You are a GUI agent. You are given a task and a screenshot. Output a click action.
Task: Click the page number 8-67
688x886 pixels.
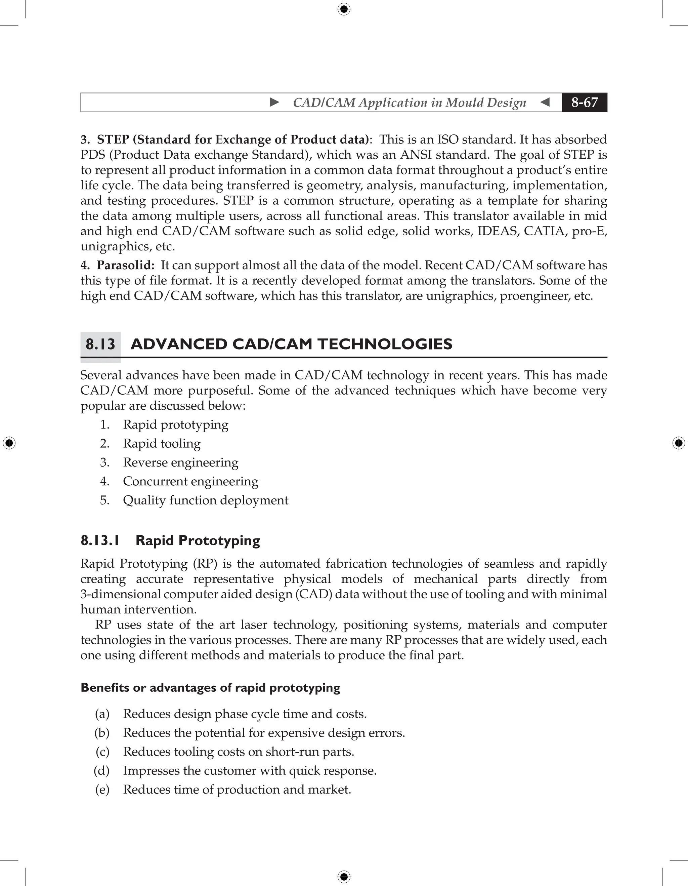tap(584, 102)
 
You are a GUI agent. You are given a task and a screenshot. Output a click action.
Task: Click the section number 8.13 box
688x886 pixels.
tap(100, 345)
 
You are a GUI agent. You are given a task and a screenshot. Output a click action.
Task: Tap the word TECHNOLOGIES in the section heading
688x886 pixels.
tap(385, 345)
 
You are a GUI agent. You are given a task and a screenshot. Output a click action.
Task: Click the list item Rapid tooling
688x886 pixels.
tap(162, 443)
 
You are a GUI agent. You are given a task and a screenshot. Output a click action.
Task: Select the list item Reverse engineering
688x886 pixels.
tap(180, 462)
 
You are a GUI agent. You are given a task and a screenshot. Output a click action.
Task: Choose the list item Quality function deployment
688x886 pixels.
tap(206, 500)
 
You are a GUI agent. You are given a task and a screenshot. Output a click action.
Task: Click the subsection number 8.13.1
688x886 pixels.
tap(100, 541)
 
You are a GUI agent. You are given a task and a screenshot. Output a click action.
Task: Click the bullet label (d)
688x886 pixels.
tap(102, 771)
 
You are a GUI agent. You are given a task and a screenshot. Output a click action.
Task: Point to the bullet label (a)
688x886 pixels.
tap(102, 714)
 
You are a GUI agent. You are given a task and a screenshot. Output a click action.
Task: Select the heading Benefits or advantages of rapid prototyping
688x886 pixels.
tap(210, 688)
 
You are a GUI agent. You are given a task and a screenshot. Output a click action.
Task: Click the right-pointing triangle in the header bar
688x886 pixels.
tap(274, 102)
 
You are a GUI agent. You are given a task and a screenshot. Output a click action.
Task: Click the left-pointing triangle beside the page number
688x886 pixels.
tap(545, 102)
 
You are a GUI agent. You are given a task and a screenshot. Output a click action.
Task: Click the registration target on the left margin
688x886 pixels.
tap(9, 443)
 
